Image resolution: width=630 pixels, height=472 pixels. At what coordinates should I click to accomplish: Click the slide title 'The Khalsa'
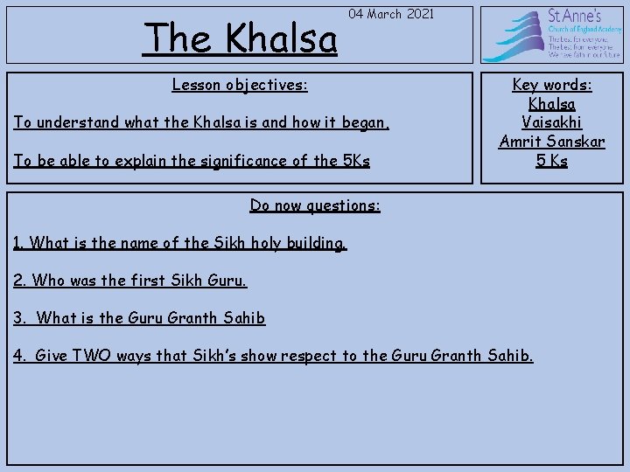[x=241, y=38]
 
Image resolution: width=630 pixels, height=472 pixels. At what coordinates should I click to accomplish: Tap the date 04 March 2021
[x=389, y=15]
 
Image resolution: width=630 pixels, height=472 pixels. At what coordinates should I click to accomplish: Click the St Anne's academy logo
[x=550, y=35]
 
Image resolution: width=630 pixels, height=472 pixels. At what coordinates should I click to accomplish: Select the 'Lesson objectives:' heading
[x=240, y=86]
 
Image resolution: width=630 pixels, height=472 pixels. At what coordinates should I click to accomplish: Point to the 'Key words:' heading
[x=551, y=85]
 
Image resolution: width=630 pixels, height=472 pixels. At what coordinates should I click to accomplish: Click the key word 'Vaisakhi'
[x=551, y=122]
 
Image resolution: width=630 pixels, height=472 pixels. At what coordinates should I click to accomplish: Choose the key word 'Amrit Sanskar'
[x=551, y=142]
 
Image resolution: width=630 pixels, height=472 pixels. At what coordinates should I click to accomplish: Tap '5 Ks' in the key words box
[x=551, y=161]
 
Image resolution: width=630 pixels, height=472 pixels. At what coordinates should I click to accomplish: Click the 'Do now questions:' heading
[x=315, y=205]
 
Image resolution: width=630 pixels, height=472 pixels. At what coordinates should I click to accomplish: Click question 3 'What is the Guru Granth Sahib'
[x=140, y=318]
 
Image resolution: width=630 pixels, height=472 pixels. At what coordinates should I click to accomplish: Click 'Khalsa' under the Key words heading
[x=551, y=104]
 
